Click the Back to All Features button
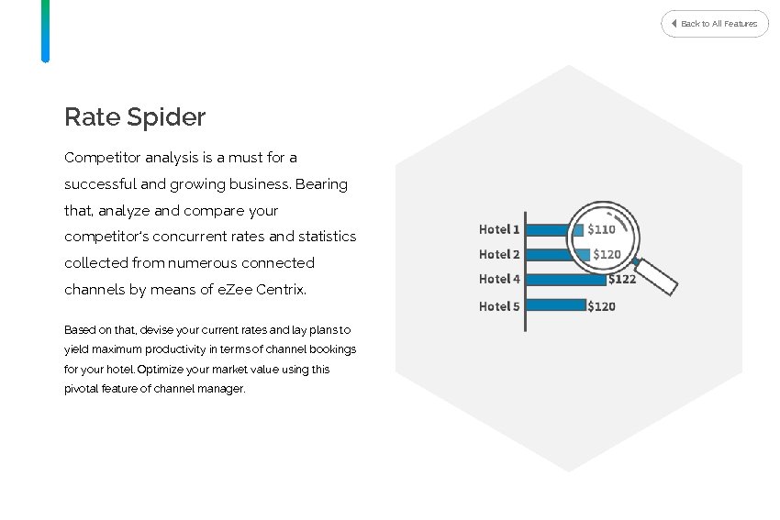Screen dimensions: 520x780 point(714,23)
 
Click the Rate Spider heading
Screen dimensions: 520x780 point(135,117)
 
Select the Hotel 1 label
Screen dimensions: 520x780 point(499,229)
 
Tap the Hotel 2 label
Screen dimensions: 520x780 point(499,254)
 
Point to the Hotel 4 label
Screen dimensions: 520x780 point(499,279)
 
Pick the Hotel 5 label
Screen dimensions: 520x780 point(499,306)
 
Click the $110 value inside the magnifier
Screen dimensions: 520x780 point(601,229)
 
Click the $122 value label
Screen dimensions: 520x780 point(621,280)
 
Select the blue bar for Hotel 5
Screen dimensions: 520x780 point(556,305)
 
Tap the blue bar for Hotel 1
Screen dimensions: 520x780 point(548,229)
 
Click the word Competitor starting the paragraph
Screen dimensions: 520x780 point(100,158)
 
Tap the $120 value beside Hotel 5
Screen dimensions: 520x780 point(601,306)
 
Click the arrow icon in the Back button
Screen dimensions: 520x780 point(674,23)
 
